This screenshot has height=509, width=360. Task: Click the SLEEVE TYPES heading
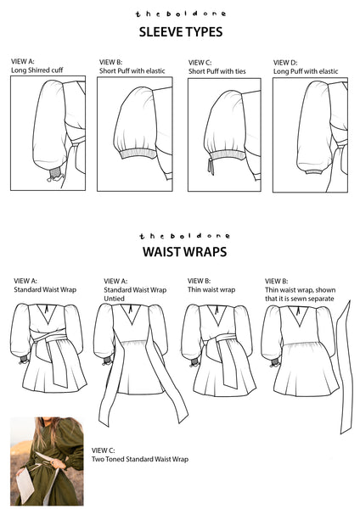[181, 32]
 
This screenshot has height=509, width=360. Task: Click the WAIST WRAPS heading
[184, 252]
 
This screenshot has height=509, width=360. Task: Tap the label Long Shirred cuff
[37, 70]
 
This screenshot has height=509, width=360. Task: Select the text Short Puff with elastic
[132, 70]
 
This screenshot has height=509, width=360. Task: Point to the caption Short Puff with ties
[217, 71]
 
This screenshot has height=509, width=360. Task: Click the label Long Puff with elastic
[306, 71]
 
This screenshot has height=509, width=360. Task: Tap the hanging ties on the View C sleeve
[211, 166]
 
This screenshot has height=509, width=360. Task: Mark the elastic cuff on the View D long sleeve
[314, 171]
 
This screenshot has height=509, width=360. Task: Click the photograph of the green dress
[47, 461]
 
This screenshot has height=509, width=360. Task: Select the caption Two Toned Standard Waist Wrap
[140, 459]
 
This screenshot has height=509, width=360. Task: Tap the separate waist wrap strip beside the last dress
[345, 366]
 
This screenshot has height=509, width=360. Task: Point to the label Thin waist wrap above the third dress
[211, 289]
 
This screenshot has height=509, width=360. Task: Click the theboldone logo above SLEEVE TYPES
[181, 14]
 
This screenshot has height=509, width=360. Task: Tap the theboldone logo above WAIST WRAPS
[184, 236]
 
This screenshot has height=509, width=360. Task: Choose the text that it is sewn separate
[299, 299]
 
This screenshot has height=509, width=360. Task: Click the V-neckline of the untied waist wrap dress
[131, 314]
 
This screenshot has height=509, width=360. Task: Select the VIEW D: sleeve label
[285, 63]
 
